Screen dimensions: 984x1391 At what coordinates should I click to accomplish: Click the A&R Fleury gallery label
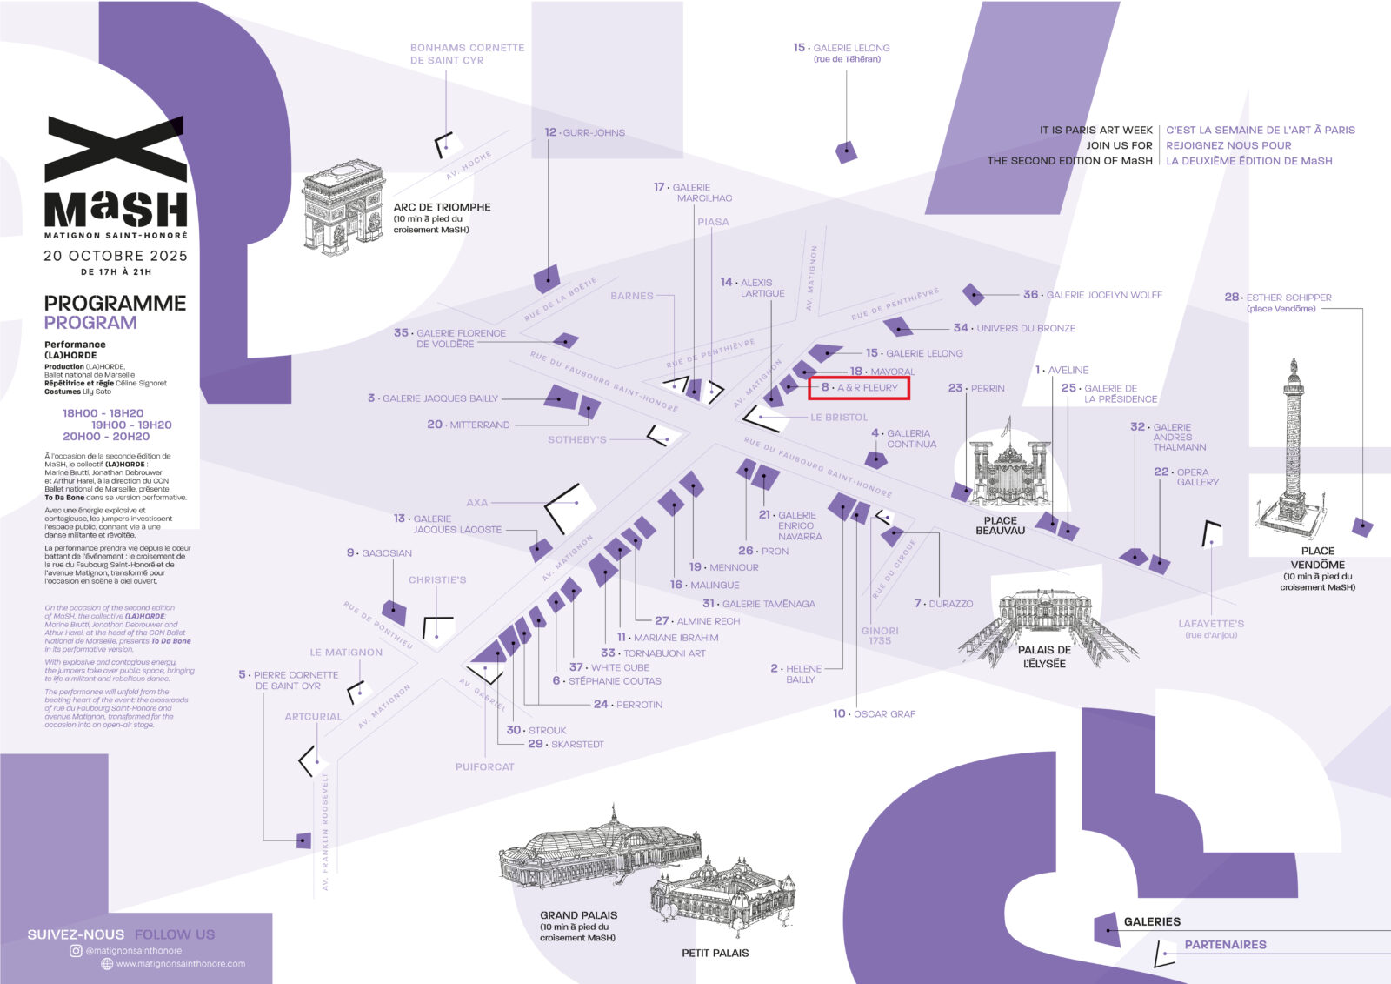[x=860, y=388]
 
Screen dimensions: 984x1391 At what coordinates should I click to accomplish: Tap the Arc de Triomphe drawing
[x=343, y=207]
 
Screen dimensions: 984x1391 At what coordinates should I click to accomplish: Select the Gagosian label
[x=380, y=553]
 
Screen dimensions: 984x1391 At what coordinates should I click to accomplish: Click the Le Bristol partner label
[x=838, y=418]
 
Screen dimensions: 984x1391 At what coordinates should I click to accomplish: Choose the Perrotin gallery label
[x=629, y=705]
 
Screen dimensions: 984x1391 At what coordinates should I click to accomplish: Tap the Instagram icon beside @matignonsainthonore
[x=76, y=951]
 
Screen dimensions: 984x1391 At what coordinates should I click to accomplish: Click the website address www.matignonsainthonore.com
[x=180, y=964]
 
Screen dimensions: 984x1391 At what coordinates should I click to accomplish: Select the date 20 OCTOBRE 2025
[x=116, y=256]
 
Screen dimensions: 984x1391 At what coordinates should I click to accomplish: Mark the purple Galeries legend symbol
[x=1106, y=927]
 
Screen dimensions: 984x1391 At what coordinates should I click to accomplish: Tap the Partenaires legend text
[x=1225, y=945]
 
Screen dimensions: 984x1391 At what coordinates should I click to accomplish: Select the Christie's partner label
[x=437, y=580]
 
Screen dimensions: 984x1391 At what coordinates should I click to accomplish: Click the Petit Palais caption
[x=715, y=954]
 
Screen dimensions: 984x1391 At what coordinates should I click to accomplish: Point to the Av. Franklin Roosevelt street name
[x=325, y=831]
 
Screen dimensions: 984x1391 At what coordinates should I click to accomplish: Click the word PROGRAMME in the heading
[x=115, y=304]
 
